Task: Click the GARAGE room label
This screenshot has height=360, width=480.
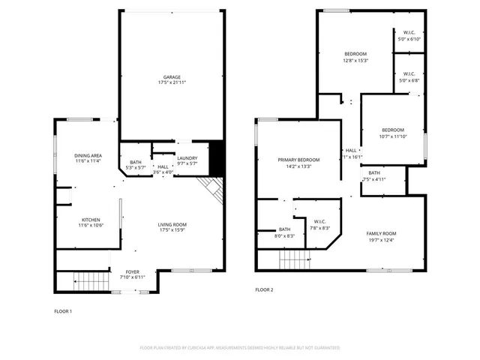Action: (172, 76)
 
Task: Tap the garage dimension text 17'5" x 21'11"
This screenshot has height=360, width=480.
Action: (172, 82)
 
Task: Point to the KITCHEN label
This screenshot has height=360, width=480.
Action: (91, 219)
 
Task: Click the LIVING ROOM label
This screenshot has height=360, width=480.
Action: (172, 224)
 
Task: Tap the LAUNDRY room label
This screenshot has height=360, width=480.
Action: (187, 158)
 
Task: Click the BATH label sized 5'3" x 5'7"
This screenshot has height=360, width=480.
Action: (136, 162)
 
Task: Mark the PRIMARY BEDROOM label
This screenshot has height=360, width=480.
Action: (298, 160)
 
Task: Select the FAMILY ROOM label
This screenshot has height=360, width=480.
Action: (381, 233)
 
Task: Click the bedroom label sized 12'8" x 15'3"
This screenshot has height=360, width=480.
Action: (355, 54)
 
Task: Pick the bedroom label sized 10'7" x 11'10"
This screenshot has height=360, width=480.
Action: (391, 130)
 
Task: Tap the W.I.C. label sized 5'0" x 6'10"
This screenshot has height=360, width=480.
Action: (409, 32)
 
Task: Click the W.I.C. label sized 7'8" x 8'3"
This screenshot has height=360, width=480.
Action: (319, 221)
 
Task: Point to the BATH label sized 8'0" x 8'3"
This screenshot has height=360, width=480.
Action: (285, 229)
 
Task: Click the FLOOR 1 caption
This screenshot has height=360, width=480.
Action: (64, 310)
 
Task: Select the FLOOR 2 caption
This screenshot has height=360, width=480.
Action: (264, 289)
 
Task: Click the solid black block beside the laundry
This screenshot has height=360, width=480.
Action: (217, 157)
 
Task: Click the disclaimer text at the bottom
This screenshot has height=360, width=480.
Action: (240, 348)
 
